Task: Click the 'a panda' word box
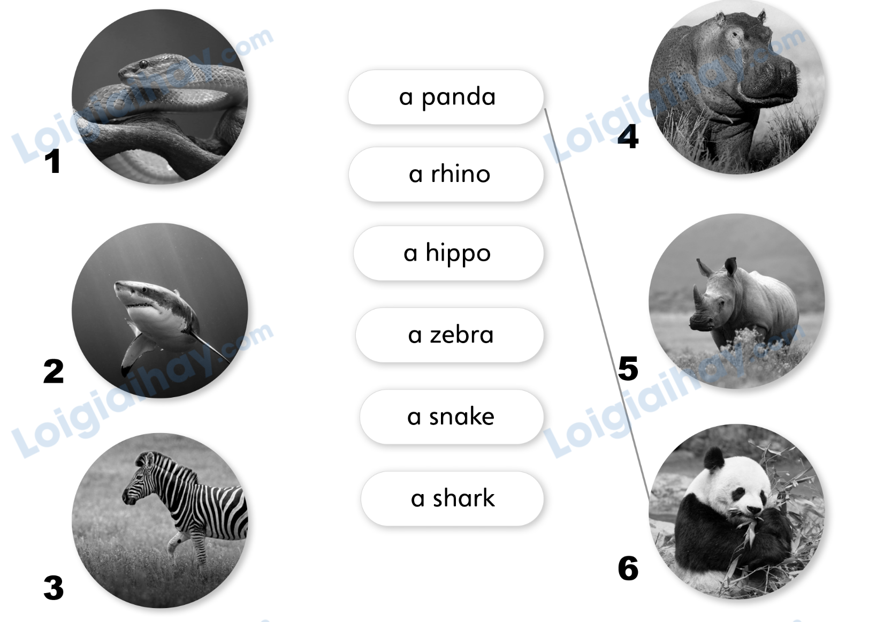(x=446, y=97)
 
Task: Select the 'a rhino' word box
(x=446, y=175)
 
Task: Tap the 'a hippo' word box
(x=448, y=253)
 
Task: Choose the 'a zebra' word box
(x=449, y=335)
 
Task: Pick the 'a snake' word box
(x=451, y=416)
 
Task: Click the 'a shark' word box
(x=452, y=498)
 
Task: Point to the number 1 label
(x=52, y=162)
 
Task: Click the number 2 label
(x=54, y=371)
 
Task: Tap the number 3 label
(x=54, y=588)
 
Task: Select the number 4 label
(x=628, y=137)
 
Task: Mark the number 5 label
(x=628, y=369)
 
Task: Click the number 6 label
(x=628, y=568)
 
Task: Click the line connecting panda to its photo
(x=594, y=294)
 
